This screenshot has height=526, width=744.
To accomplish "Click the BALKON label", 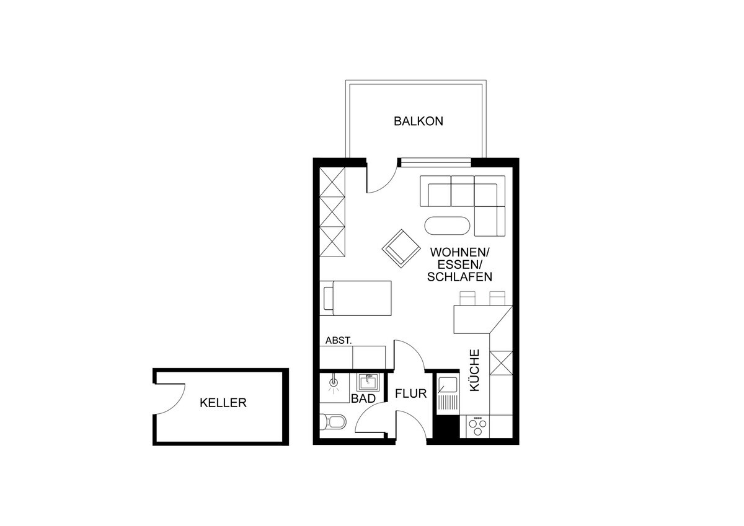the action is tap(418, 121).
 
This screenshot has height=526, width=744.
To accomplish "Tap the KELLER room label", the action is tap(223, 403).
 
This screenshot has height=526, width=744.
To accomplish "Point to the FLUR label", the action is tap(411, 393).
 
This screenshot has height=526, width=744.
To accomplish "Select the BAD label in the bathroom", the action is tap(363, 398).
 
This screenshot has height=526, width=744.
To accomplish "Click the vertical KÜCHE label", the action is tap(475, 370).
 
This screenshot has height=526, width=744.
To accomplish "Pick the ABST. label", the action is tap(339, 341).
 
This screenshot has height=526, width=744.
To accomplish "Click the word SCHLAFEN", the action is tap(459, 277).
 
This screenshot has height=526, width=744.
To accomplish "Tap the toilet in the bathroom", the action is tap(333, 423).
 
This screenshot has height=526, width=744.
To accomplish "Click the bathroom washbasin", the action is tap(368, 383).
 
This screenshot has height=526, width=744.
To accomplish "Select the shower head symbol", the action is tap(334, 384).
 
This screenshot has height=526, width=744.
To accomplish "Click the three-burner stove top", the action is tap(477, 426).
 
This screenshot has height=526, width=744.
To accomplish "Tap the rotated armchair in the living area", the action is tap(401, 248).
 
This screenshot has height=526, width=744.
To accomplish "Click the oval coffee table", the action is tap(448, 226).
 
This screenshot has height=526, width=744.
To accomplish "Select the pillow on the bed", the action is tap(328, 299).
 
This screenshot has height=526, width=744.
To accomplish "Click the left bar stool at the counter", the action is tap(467, 299).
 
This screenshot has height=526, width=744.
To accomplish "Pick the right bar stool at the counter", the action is tap(497, 299).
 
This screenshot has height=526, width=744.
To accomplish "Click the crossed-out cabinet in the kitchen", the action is tap(501, 363).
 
